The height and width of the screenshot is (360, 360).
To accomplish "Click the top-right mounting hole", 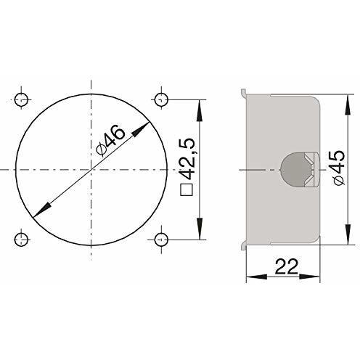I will (x=161, y=98).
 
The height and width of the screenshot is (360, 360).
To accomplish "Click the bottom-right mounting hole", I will (x=161, y=237).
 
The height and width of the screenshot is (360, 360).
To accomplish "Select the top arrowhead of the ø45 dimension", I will (x=342, y=98).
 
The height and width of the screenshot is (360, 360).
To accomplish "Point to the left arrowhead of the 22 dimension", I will (x=250, y=276).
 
